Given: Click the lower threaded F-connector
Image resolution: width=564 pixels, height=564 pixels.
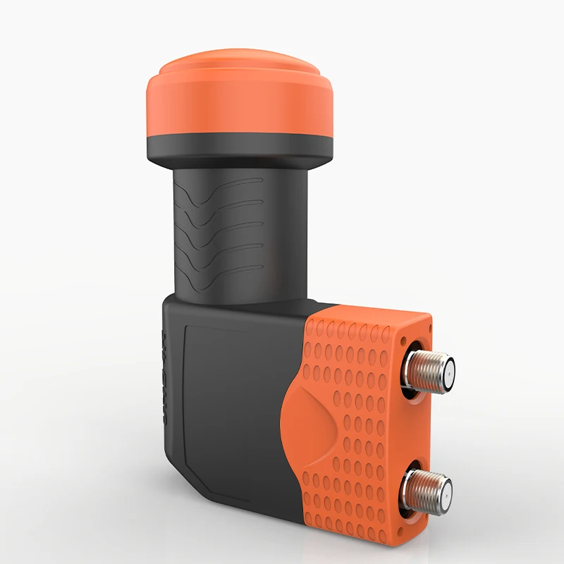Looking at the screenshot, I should (x=430, y=487).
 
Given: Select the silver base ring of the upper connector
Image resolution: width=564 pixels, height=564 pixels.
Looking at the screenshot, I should (x=410, y=370).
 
